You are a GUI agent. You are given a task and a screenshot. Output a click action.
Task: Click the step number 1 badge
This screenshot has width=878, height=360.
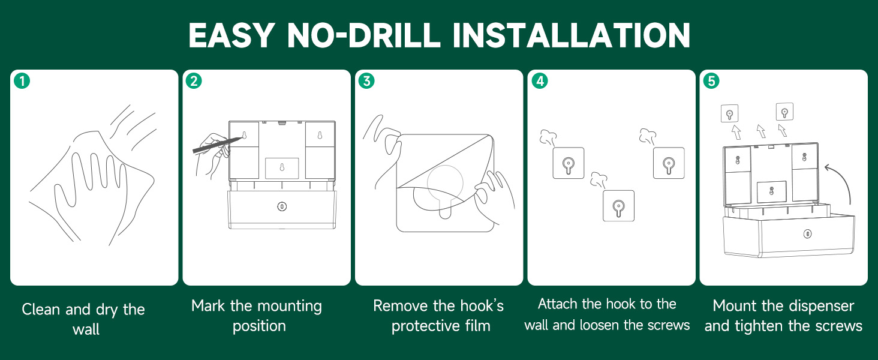click(22, 81)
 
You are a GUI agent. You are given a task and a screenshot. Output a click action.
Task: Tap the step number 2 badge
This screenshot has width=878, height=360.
click(194, 81)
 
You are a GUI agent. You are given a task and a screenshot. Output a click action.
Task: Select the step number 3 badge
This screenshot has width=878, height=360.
click(366, 81)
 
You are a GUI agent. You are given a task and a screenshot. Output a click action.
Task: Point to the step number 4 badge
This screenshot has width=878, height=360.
click(540, 81)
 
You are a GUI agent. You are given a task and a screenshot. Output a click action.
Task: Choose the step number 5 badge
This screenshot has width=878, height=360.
click(711, 81)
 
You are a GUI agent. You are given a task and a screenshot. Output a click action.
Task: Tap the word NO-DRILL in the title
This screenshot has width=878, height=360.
click(364, 35)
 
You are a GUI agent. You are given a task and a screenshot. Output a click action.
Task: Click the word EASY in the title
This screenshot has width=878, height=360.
click(231, 35)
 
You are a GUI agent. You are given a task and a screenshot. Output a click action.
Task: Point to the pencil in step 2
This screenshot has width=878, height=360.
click(217, 145)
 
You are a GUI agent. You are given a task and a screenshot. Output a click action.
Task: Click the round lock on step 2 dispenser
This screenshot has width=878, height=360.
click(282, 206)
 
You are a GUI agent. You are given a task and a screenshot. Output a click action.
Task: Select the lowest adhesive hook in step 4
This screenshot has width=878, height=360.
click(618, 206)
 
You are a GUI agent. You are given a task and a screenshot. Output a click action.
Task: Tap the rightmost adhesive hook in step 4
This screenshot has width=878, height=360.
click(669, 163)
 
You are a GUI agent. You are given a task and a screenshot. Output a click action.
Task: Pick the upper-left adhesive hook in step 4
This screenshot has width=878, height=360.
click(569, 163)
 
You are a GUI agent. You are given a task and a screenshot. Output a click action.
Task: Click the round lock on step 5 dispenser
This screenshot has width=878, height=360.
click(807, 234)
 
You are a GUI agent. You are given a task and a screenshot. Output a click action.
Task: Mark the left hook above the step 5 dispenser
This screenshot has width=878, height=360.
click(729, 114)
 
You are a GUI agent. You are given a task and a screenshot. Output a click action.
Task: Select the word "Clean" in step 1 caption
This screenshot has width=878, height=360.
click(41, 309)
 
